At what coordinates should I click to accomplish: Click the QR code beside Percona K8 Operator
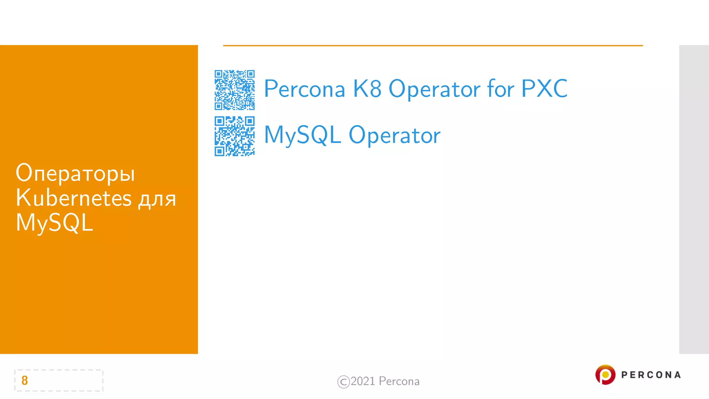tap(234, 90)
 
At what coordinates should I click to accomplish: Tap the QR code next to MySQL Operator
tap(234, 136)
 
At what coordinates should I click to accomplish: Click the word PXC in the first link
tap(544, 89)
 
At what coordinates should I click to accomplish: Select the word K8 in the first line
tap(367, 89)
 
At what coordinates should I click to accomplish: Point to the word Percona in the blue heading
tap(305, 89)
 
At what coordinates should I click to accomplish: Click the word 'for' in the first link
tap(500, 89)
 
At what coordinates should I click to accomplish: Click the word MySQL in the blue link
tap(302, 135)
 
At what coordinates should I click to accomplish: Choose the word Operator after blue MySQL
tap(394, 135)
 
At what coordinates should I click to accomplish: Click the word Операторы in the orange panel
tap(75, 173)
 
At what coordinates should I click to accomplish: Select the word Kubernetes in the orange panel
tap(74, 198)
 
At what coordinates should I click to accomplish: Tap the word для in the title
tap(158, 199)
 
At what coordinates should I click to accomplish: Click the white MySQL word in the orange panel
tap(54, 223)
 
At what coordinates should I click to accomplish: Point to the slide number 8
tap(25, 380)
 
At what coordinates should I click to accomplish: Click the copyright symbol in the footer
tap(343, 382)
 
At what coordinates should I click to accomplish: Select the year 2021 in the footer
tap(363, 381)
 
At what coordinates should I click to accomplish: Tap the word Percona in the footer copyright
tap(399, 381)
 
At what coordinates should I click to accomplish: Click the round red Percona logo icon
tap(605, 374)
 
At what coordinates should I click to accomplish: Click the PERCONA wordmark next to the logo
tap(651, 375)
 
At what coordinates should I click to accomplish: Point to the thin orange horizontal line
tap(433, 45)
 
